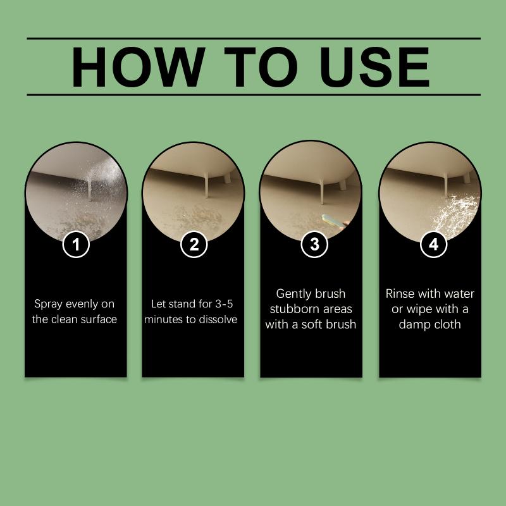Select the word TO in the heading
[x=261, y=67]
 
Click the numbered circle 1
[x=76, y=244]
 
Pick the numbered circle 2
[x=194, y=244]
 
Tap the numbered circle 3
[x=314, y=244]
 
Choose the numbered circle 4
[x=433, y=244]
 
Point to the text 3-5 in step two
[x=224, y=304]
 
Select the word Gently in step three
[x=290, y=294]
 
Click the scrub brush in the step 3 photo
[x=334, y=222]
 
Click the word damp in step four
[x=414, y=324]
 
